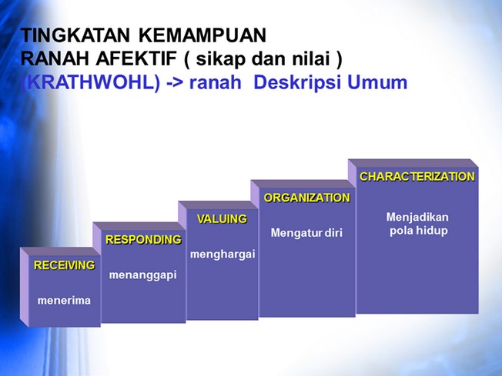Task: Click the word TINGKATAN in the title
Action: click(x=75, y=35)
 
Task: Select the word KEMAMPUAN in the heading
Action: click(x=202, y=35)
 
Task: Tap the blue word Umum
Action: click(x=377, y=82)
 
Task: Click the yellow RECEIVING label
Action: click(x=65, y=265)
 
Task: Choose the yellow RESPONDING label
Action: click(x=143, y=239)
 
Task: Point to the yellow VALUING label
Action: click(x=222, y=219)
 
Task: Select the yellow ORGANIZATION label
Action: click(x=306, y=198)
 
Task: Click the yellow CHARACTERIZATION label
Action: click(x=417, y=177)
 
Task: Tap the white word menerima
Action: click(x=64, y=301)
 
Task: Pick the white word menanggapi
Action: click(x=142, y=275)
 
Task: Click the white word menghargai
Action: click(x=223, y=255)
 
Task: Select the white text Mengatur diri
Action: click(x=306, y=233)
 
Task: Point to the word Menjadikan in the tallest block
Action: click(x=417, y=218)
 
